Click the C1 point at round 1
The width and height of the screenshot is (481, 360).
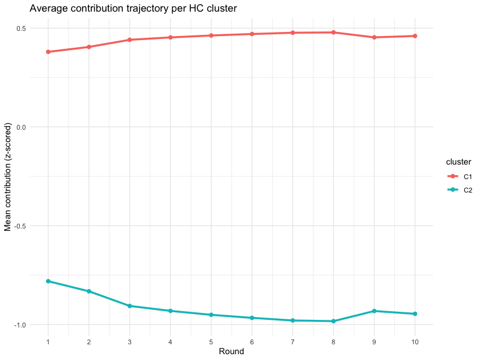(48, 52)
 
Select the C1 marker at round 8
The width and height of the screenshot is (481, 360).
(333, 33)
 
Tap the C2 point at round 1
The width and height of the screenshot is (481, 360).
(48, 281)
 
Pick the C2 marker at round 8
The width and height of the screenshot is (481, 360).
(333, 321)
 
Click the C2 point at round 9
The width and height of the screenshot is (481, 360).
(374, 311)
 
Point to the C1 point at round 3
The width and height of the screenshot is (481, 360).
(130, 40)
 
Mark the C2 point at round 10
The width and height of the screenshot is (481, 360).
(415, 314)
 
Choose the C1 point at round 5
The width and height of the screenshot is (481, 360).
(211, 35)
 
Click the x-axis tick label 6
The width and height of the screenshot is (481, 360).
(252, 342)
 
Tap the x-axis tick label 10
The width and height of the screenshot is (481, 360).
(415, 342)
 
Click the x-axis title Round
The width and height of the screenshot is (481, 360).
(231, 352)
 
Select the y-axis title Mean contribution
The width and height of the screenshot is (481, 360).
(8, 177)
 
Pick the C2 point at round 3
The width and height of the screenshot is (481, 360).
(130, 306)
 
